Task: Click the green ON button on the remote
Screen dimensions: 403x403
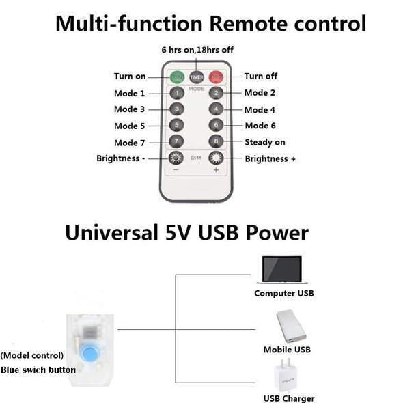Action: coord(177,77)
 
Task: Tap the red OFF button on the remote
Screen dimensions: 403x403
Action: coord(217,77)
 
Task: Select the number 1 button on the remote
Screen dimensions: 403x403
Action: coord(176,93)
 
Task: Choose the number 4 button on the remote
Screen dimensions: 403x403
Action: coord(216,109)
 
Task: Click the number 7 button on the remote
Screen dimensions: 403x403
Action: coord(176,141)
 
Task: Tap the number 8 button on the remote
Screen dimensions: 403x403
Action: coord(216,141)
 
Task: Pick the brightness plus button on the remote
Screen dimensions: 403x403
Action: coord(216,158)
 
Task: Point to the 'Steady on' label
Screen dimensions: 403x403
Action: coord(265,142)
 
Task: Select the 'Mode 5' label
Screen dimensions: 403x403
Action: coord(129,126)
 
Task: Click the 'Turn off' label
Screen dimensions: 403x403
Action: coord(261,77)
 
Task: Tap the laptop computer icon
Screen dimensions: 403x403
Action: coord(281,270)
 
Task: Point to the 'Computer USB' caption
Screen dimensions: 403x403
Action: coord(283,294)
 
